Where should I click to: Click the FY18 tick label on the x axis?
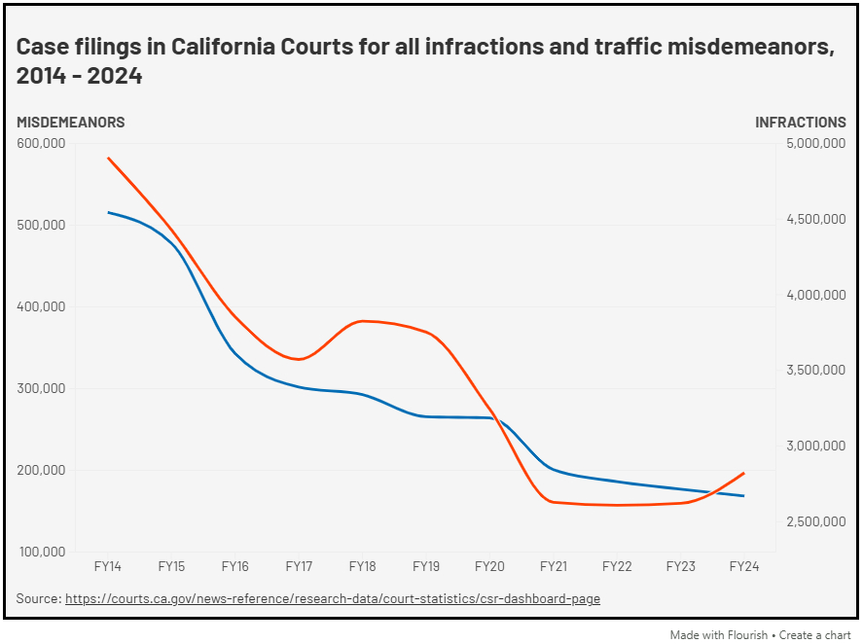[362, 566]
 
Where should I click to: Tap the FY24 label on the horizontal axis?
[744, 566]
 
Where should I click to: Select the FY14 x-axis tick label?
[107, 566]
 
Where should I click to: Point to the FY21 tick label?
[553, 566]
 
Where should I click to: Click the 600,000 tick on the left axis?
[41, 143]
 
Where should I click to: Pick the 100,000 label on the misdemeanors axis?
[41, 552]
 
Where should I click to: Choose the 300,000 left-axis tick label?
[41, 388]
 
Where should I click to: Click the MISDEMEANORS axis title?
[70, 123]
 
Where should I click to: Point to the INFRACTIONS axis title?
[801, 123]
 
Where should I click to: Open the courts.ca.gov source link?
[332, 598]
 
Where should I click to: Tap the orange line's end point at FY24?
[744, 474]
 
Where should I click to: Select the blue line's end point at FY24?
[744, 496]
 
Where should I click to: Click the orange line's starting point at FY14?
[108, 158]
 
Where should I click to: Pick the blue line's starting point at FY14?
[108, 212]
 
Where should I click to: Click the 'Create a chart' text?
[810, 634]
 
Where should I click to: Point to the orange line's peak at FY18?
[362, 321]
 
